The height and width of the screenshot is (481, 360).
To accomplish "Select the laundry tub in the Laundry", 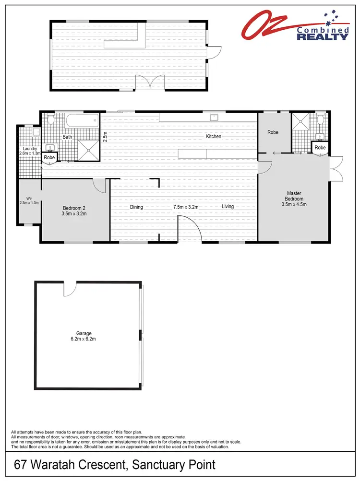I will (36, 132).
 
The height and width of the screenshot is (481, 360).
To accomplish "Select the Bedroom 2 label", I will (74, 208).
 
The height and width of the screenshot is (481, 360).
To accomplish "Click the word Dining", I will (136, 207).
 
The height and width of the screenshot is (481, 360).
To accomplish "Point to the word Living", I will (228, 207).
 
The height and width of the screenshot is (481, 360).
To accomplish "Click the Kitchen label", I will (214, 137).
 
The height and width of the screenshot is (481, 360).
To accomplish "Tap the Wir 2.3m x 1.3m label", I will (29, 200).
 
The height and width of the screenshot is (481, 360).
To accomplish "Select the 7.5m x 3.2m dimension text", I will (186, 207).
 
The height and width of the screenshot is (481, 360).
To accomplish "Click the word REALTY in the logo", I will (323, 36).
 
